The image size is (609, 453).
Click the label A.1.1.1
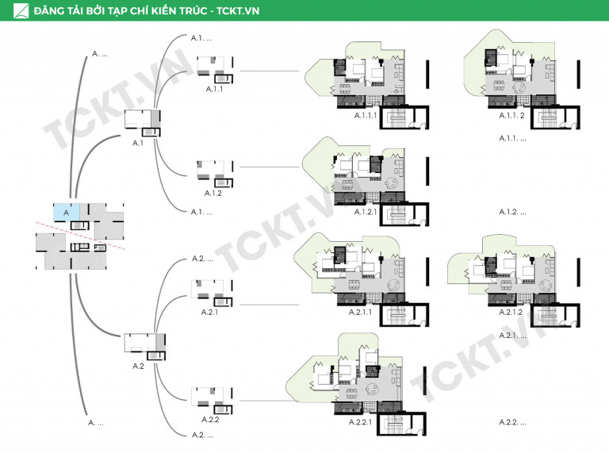click(x=366, y=115)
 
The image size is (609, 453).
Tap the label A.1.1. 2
click(x=511, y=115)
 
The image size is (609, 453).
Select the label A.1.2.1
click(x=366, y=212)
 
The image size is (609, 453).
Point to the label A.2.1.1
click(x=360, y=312)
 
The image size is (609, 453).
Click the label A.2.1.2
click(x=511, y=312)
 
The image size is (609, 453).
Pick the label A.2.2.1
click(x=360, y=422)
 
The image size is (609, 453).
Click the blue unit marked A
click(x=67, y=212)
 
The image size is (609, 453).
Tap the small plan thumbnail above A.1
click(x=143, y=123)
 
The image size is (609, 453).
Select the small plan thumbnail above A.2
click(x=145, y=347)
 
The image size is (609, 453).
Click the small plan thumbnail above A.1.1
click(x=215, y=70)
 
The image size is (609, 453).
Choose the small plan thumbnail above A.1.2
click(x=215, y=174)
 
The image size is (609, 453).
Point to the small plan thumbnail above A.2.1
click(x=212, y=294)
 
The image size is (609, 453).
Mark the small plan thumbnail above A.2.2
click(x=212, y=401)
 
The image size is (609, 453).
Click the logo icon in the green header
click(x=21, y=10)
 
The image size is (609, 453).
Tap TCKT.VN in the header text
click(x=238, y=10)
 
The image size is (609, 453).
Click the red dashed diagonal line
click(x=80, y=236)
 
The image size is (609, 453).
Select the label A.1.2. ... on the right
click(x=512, y=212)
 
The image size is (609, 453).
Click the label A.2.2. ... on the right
click(x=512, y=422)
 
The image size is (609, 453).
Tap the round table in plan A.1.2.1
click(x=392, y=182)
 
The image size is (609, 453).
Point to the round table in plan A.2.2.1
click(x=372, y=389)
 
